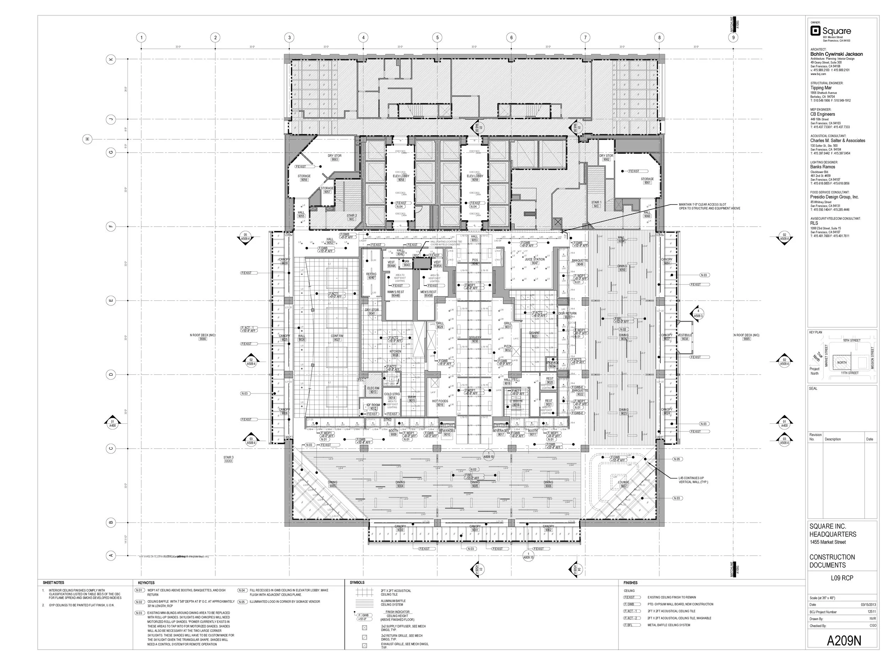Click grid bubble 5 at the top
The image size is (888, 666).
(437, 38)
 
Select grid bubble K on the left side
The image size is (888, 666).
(111, 59)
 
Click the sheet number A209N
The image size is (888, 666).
(844, 641)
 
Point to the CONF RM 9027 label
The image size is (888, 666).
(337, 337)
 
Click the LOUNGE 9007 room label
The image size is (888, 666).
(623, 484)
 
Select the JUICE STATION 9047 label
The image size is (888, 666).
(534, 261)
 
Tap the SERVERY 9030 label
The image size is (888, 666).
(475, 339)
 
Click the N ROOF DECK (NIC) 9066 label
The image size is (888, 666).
(203, 337)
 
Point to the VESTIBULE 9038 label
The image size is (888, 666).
(685, 337)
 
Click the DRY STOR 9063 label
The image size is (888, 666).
(334, 157)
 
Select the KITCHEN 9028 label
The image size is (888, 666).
(395, 353)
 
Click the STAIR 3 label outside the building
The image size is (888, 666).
(228, 459)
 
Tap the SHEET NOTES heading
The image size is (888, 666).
(53, 583)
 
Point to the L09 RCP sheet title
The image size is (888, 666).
(842, 578)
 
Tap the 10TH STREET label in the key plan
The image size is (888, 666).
(851, 340)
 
